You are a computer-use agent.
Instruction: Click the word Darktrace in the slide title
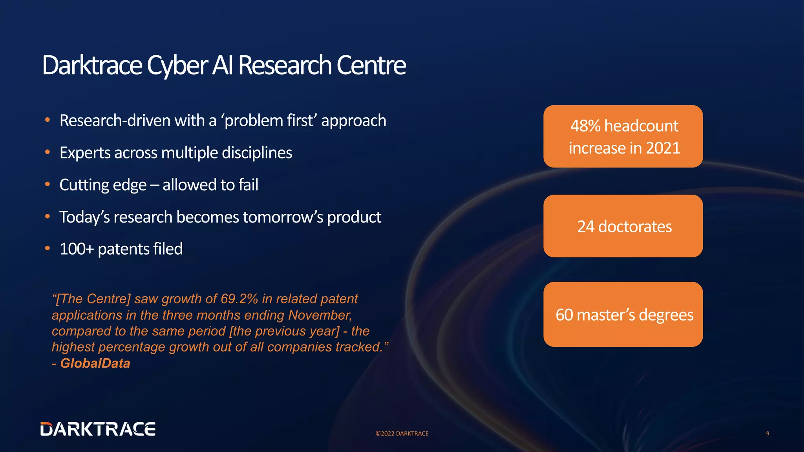click(x=92, y=65)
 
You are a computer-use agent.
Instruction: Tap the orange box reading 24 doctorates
click(x=623, y=226)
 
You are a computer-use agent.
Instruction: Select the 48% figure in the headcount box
click(x=585, y=126)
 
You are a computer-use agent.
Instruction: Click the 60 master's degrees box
click(x=623, y=315)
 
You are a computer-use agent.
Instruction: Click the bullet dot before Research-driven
click(x=48, y=120)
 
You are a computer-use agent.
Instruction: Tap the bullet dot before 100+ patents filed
click(x=48, y=249)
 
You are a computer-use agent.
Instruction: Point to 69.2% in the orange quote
click(x=239, y=299)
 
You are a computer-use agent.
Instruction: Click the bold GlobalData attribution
click(x=95, y=363)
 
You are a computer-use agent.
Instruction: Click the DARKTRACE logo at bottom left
click(x=98, y=429)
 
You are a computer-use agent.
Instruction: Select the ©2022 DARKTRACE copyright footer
click(x=402, y=434)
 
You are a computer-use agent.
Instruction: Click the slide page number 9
click(x=767, y=434)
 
